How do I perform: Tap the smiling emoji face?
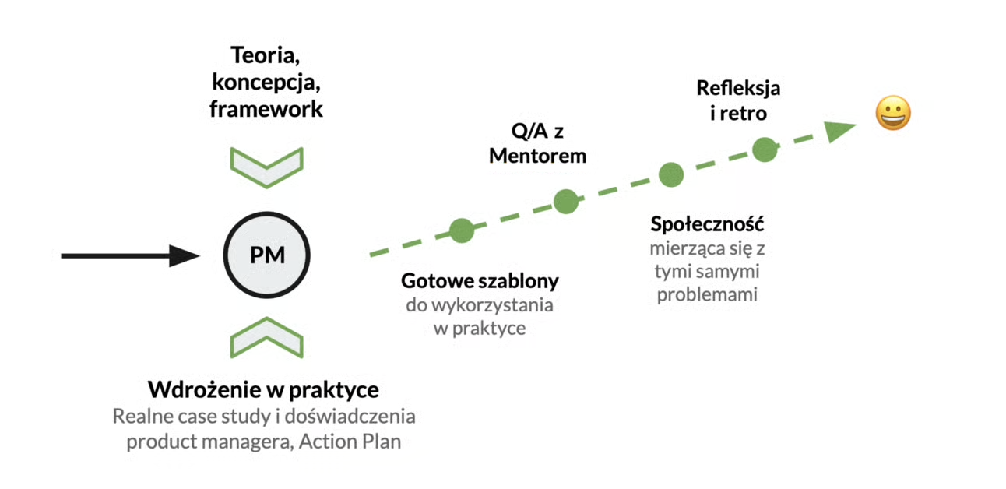click(893, 114)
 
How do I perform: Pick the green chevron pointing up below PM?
click(266, 336)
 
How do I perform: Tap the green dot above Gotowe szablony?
click(461, 230)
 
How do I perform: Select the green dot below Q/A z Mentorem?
click(566, 202)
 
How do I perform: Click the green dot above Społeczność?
click(670, 174)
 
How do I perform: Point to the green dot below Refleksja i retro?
click(765, 150)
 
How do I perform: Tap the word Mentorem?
click(537, 156)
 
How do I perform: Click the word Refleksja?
click(738, 88)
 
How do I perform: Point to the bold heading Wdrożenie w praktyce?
click(264, 389)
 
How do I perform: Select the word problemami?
click(707, 295)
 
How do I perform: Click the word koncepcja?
click(266, 83)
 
